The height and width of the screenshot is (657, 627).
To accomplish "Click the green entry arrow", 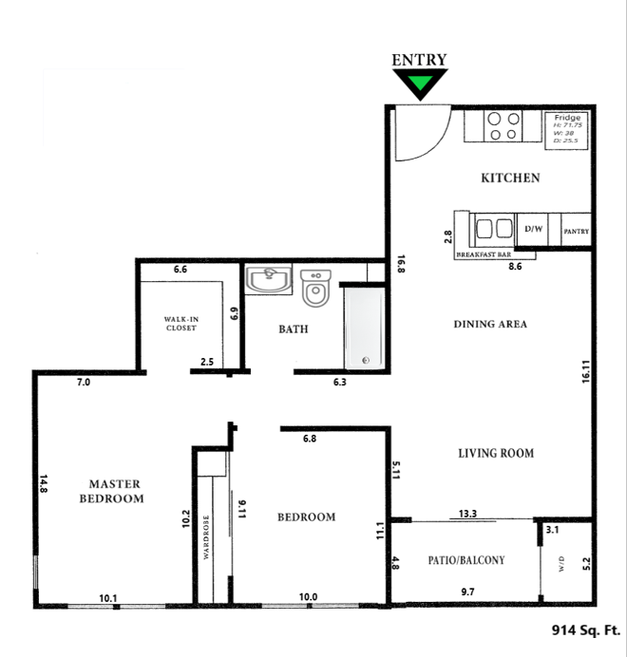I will pos(419,85).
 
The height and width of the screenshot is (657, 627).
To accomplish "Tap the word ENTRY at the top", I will pos(419,60).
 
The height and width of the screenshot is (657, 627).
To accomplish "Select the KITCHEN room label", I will pos(510,178).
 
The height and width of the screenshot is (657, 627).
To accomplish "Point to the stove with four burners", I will pos(503,126).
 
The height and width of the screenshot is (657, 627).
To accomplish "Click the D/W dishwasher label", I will pos(533,230).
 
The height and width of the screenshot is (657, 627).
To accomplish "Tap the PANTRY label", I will pos(576,231).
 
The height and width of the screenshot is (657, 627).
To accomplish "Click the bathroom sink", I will pos(269,280).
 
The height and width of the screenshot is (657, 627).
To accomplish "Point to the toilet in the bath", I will pos(315,287).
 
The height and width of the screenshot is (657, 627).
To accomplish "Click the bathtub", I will pos(363,328).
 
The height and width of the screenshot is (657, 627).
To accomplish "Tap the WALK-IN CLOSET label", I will pos(180,323).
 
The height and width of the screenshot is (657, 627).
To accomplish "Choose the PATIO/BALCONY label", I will pos(465,560).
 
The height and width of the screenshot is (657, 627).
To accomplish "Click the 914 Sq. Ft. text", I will pos(586,629).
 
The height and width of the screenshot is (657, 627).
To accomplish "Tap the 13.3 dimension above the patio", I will pos(467,514).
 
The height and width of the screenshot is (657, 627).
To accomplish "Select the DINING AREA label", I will pos(490,324).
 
